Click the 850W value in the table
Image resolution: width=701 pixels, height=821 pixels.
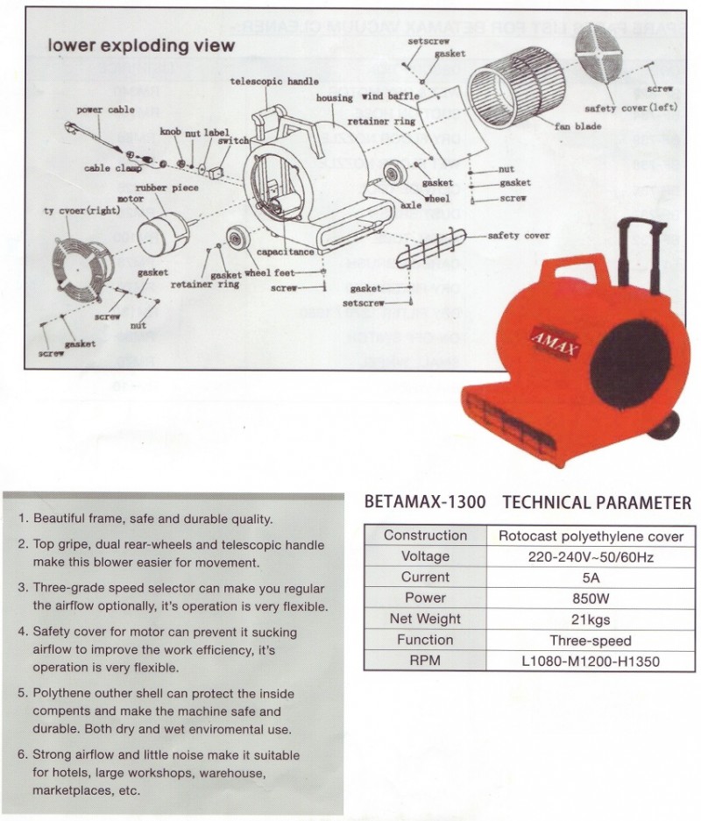tap(591, 598)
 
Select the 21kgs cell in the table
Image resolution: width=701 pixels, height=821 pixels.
tap(591, 619)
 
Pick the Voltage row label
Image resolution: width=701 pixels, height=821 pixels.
tap(425, 556)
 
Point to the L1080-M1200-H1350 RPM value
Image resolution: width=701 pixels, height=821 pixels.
tap(591, 662)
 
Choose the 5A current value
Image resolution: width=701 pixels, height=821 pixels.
tap(591, 577)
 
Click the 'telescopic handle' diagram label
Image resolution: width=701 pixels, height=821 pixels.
tap(275, 81)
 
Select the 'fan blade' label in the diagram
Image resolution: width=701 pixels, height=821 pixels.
tap(577, 126)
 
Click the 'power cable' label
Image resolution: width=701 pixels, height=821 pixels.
tap(105, 110)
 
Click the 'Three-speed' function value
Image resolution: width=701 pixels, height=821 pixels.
tap(591, 641)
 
